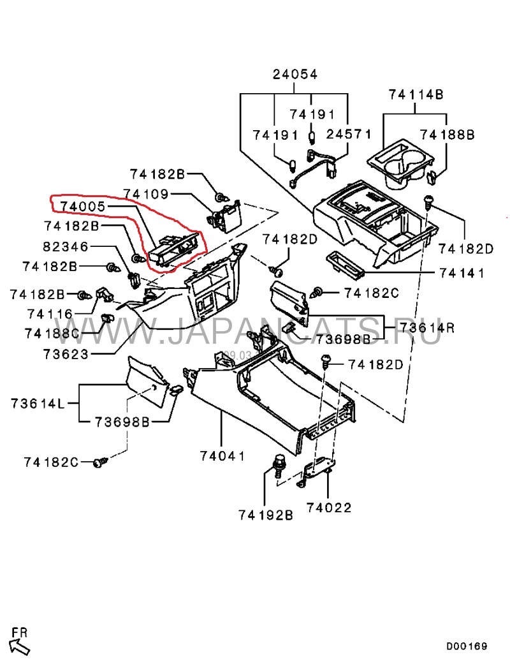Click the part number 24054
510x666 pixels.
[x=295, y=75]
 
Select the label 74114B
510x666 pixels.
[x=416, y=95]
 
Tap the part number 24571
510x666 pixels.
[x=348, y=135]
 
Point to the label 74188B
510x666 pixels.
[x=448, y=135]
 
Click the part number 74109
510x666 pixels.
[x=146, y=193]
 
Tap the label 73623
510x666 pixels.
[x=66, y=353]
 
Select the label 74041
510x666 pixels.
[x=222, y=455]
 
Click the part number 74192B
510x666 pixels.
[x=266, y=514]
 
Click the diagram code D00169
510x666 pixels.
[x=466, y=646]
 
